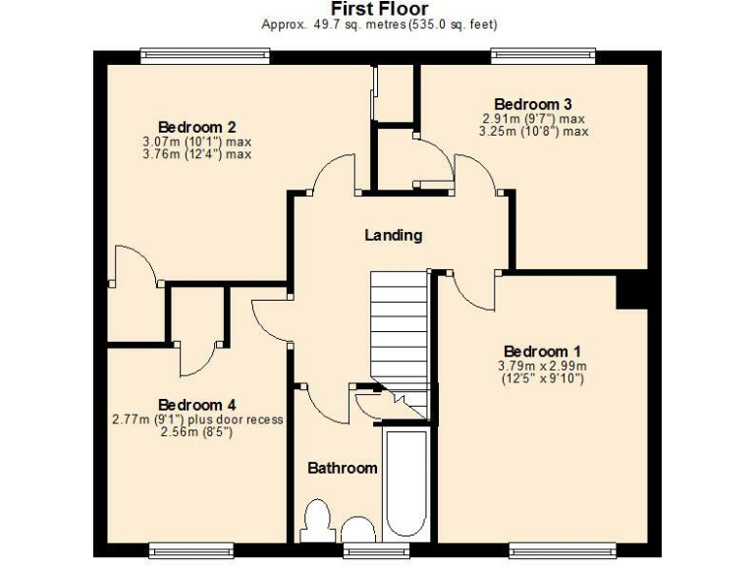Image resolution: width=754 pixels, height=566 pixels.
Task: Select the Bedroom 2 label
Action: pyautogui.click(x=196, y=127)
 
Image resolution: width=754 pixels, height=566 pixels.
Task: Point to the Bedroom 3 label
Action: pyautogui.click(x=533, y=104)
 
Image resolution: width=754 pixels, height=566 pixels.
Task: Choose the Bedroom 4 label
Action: pyautogui.click(x=196, y=405)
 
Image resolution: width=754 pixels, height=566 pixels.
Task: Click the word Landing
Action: pyautogui.click(x=393, y=235)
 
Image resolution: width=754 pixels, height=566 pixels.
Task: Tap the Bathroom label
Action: pyautogui.click(x=342, y=468)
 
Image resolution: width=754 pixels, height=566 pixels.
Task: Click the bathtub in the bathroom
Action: pyautogui.click(x=404, y=481)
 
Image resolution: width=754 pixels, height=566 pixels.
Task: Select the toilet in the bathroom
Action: pyautogui.click(x=318, y=521)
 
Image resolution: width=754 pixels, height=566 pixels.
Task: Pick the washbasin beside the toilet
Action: pyautogui.click(x=358, y=532)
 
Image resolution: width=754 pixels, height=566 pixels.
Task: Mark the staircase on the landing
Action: pyautogui.click(x=399, y=329)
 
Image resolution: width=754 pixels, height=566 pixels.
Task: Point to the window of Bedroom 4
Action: pyautogui.click(x=191, y=547)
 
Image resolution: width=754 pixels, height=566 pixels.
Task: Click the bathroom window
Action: pyautogui.click(x=362, y=548)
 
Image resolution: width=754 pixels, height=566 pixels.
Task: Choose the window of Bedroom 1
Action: pyautogui.click(x=563, y=547)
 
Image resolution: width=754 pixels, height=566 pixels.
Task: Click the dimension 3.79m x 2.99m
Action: pyautogui.click(x=542, y=366)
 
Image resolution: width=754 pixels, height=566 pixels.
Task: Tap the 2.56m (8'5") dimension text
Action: pyautogui.click(x=198, y=431)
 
